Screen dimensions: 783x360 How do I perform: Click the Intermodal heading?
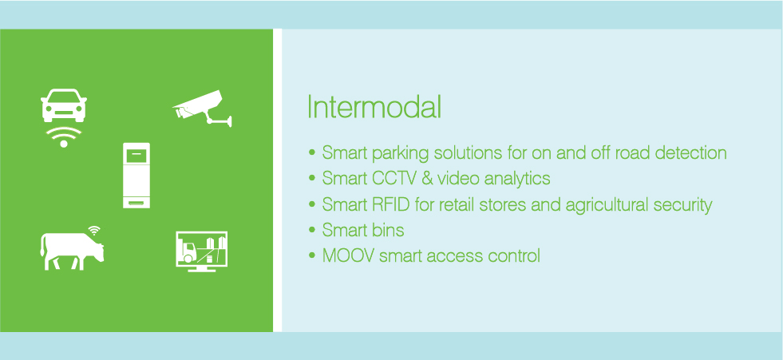[x=374, y=106]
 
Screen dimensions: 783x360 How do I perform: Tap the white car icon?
[x=64, y=105]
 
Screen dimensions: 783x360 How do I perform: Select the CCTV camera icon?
[x=202, y=109]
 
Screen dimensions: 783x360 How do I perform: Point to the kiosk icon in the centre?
[x=136, y=176]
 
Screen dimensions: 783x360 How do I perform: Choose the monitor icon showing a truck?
[x=202, y=251]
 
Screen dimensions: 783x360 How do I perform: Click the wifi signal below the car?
[x=63, y=136]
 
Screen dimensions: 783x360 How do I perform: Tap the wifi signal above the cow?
[x=94, y=230]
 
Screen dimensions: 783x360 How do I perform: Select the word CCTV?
[x=393, y=178]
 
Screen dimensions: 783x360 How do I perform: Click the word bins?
[x=386, y=230]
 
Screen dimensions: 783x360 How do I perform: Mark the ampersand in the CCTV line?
[x=427, y=178]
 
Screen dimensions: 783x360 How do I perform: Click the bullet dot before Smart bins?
[x=312, y=230]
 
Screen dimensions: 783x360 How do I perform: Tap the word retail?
[x=456, y=204]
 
